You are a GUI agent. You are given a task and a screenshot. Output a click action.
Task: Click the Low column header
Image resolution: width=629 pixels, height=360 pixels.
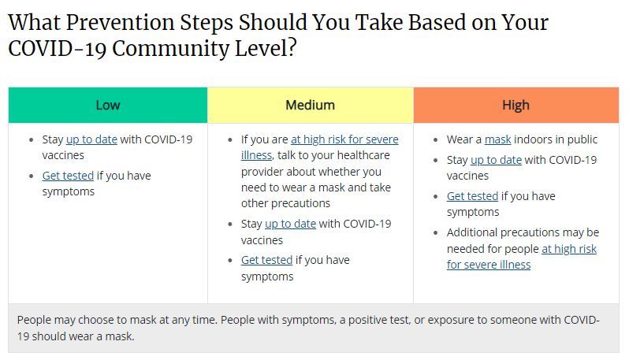[108, 105]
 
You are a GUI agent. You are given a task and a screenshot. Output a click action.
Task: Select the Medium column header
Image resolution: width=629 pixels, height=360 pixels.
[310, 105]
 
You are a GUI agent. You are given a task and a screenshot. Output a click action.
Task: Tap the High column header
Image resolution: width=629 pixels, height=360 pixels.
[515, 105]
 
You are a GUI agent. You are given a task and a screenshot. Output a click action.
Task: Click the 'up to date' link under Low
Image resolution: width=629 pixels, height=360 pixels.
[91, 139]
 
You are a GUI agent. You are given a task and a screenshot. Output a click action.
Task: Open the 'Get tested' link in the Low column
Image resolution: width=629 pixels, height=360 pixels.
[68, 176]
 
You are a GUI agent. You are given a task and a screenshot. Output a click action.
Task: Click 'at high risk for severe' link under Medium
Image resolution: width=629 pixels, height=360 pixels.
[344, 139]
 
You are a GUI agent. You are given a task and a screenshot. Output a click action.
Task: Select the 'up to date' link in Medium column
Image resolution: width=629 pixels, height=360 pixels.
[290, 224]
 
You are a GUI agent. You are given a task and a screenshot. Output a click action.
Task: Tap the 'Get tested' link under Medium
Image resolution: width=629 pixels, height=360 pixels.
[266, 260]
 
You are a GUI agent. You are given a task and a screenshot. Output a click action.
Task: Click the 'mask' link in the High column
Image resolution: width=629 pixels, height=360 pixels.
[498, 139]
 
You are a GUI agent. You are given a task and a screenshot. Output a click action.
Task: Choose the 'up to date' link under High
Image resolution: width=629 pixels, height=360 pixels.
[497, 160]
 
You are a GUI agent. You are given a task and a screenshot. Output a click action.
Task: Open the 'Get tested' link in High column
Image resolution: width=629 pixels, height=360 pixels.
[473, 196]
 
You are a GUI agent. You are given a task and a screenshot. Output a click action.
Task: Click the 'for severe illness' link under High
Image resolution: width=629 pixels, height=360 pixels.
[489, 265]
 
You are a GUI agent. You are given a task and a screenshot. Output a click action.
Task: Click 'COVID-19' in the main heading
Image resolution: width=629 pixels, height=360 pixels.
[57, 49]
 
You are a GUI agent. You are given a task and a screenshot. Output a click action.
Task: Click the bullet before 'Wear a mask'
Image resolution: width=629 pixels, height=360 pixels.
[436, 140]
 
